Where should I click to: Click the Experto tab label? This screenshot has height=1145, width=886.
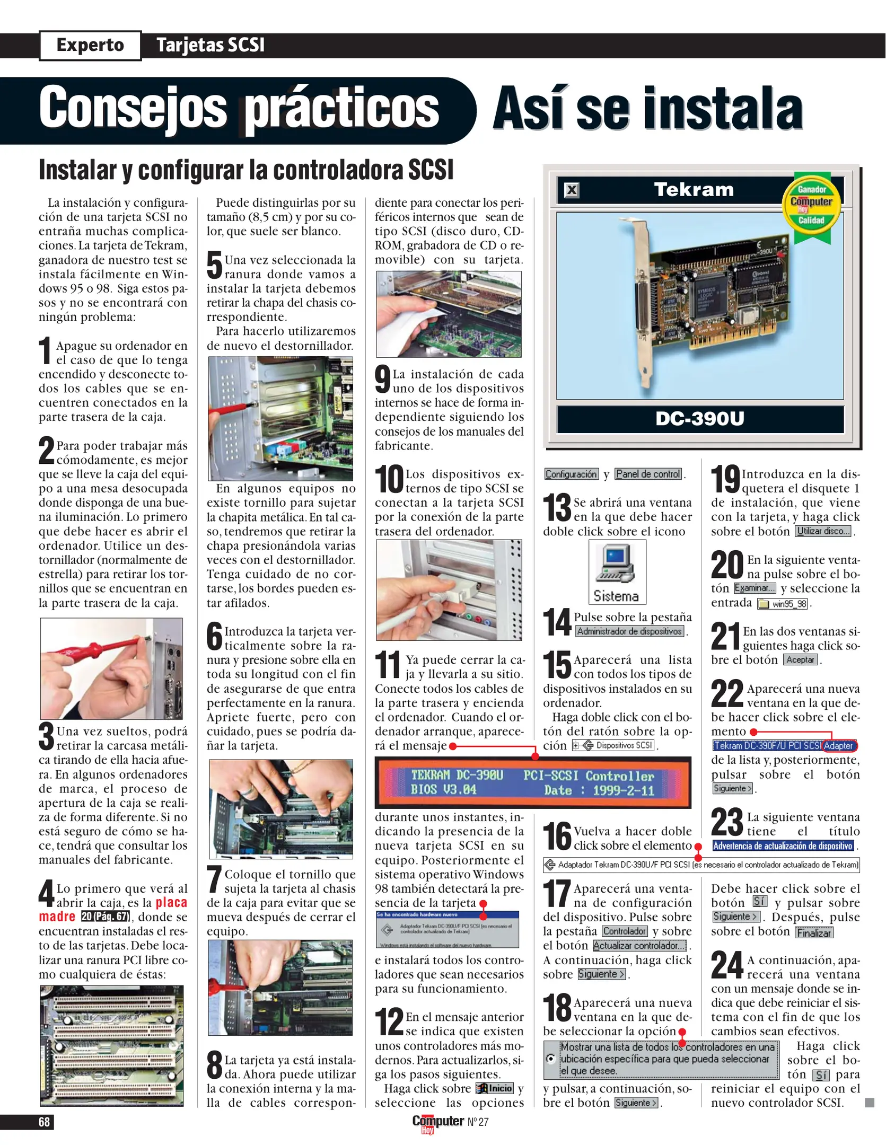pos(90,45)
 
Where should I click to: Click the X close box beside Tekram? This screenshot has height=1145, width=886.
pos(572,190)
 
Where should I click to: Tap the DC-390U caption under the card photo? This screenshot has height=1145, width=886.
pos(699,419)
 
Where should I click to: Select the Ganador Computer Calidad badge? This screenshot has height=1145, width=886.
pos(811,206)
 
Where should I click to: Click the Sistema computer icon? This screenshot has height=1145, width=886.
pos(617,572)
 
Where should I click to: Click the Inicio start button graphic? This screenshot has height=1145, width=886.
pos(495,1088)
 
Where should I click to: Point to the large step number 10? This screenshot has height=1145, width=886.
pos(389,479)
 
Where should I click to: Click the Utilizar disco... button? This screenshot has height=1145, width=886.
pos(823,531)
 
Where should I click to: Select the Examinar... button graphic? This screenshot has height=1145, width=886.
pos(755,588)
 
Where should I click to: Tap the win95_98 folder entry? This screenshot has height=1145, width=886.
pos(783,604)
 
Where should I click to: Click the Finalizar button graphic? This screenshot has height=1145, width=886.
pos(814,933)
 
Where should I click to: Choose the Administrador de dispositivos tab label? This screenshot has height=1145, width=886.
pos(629,631)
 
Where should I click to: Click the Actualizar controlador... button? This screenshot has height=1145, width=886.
pos(639,946)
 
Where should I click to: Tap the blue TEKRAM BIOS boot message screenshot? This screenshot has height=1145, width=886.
pos(532,782)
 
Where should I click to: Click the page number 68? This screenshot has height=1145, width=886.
pos(44,1122)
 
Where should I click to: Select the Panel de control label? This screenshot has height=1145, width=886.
pos(648,474)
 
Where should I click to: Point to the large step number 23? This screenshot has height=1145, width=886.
pos(727,822)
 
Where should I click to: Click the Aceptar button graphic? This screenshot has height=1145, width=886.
pos(801,660)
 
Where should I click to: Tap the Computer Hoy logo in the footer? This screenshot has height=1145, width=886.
pos(438,1123)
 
